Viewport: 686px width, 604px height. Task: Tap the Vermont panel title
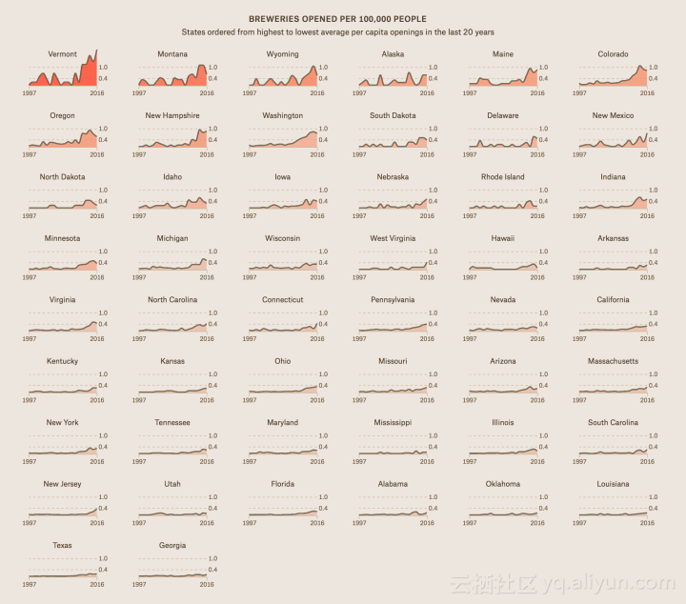pyautogui.click(x=62, y=54)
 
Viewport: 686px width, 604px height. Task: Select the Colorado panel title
pyautogui.click(x=613, y=54)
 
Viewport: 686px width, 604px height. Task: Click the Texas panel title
pyautogui.click(x=62, y=546)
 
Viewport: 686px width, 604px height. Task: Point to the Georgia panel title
pyautogui.click(x=172, y=546)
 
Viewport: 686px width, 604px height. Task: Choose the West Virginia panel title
pyautogui.click(x=393, y=238)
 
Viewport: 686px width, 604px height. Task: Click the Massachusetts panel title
pyautogui.click(x=613, y=361)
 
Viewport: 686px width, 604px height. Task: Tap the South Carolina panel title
pyautogui.click(x=613, y=422)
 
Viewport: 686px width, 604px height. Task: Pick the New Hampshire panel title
pyautogui.click(x=172, y=115)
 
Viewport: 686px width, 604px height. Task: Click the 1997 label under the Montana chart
pyautogui.click(x=139, y=92)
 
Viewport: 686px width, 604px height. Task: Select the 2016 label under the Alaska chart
pyautogui.click(x=427, y=92)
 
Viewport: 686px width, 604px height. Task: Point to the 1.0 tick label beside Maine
pyautogui.click(x=543, y=67)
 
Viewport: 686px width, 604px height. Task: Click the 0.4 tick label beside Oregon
pyautogui.click(x=103, y=140)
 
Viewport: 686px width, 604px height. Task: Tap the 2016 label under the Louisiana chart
pyautogui.click(x=647, y=522)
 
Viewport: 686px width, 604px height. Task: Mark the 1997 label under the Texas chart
pyautogui.click(x=30, y=584)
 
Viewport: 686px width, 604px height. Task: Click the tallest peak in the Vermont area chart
pyautogui.click(x=96, y=50)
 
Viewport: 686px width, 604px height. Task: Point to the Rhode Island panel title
pyautogui.click(x=502, y=177)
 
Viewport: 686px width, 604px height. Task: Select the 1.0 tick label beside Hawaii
pyautogui.click(x=543, y=252)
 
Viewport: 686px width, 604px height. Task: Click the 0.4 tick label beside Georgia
pyautogui.click(x=212, y=570)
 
